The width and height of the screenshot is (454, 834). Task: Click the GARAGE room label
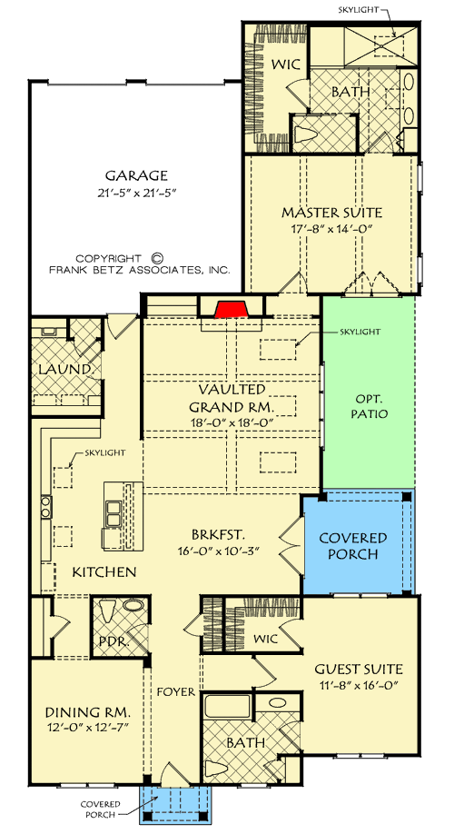tap(135, 175)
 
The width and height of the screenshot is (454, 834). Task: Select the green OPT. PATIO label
tap(369, 405)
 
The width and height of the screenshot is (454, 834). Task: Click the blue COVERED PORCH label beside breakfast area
tap(353, 546)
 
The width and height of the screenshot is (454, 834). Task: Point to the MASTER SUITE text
tap(331, 213)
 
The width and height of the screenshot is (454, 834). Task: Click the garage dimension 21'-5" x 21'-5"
tap(135, 193)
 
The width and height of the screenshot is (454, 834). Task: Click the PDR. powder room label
tap(108, 640)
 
